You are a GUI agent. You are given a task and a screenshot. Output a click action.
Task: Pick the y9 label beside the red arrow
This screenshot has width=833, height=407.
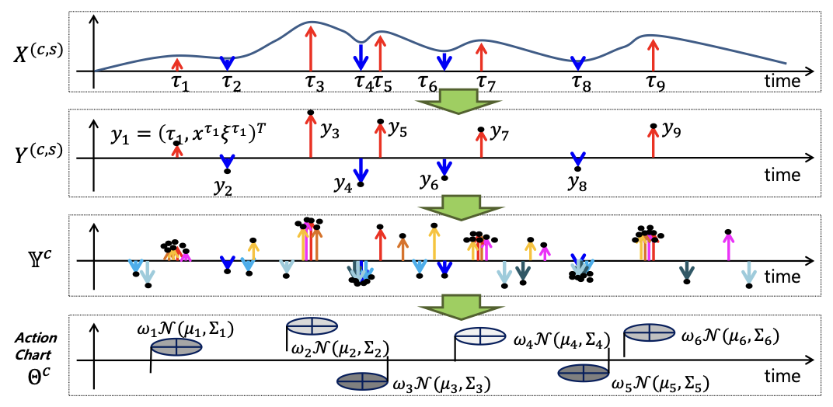(x=672, y=129)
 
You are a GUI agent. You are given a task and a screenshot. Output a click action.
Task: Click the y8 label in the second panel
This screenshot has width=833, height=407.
(x=578, y=184)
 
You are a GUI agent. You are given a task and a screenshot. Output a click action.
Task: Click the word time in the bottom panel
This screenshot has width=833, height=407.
(x=781, y=377)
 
